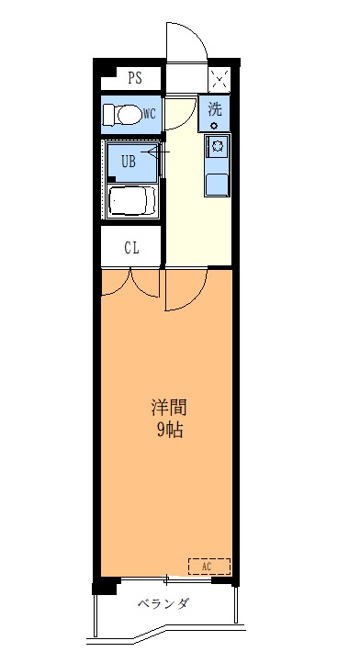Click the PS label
click(135, 78)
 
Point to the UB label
click(129, 163)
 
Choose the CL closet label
click(132, 247)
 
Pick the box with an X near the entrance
click(219, 77)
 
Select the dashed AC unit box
click(209, 567)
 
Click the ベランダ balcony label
click(163, 603)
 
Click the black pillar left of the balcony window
click(107, 584)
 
